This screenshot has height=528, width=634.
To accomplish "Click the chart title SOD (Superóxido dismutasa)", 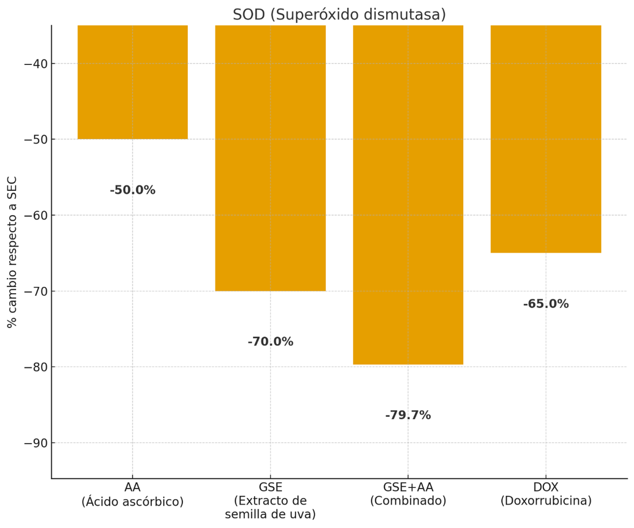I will [x=339, y=15].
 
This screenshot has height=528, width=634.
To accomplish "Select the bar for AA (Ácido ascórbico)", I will [x=133, y=82].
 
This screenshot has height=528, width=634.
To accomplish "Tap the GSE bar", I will [x=270, y=158].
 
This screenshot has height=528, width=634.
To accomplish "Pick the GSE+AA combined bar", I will [x=408, y=194].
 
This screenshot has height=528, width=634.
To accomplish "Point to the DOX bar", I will [x=546, y=139].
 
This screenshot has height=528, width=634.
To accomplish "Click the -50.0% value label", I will [x=133, y=190].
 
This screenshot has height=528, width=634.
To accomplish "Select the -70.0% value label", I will [x=270, y=342].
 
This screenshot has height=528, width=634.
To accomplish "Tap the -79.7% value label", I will [x=408, y=415].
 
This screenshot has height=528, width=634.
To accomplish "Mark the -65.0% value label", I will [x=546, y=304].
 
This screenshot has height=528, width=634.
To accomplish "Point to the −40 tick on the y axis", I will [x=36, y=64].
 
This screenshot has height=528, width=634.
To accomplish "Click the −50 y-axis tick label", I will [x=36, y=140].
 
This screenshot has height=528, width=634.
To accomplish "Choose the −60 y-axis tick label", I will [x=36, y=215].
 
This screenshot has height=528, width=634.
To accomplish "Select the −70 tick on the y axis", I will [x=36, y=292].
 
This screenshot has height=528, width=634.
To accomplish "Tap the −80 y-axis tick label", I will [x=36, y=367].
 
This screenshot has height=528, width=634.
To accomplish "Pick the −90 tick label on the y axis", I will [x=36, y=443].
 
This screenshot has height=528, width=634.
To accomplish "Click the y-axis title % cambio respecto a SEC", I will [x=12, y=252].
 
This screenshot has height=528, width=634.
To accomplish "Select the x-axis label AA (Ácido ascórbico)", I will [x=133, y=494].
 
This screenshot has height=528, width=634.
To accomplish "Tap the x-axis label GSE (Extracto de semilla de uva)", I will [x=270, y=501].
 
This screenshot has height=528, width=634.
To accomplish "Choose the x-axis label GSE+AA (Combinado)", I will [x=408, y=494].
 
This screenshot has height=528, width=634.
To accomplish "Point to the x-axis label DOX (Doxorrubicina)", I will [x=546, y=494].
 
